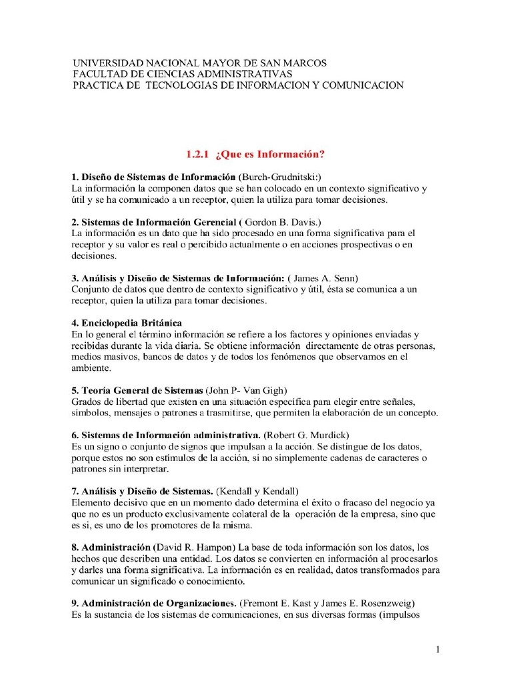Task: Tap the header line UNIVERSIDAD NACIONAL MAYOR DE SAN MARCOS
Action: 200,63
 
